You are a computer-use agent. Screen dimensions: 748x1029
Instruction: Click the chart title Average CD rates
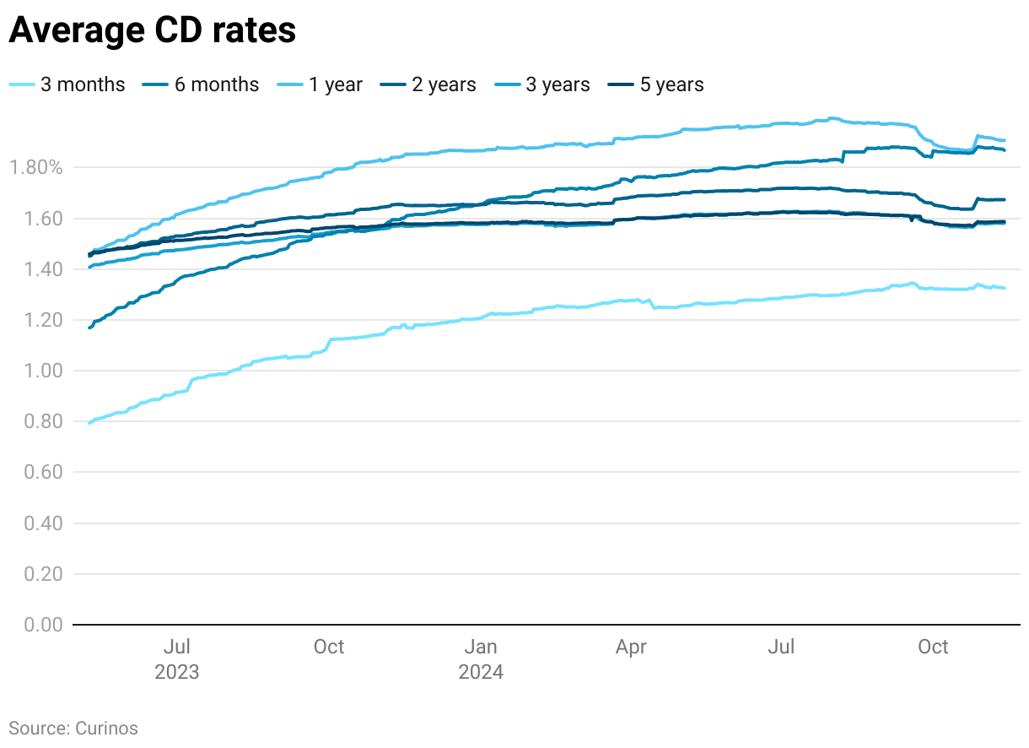coord(152,30)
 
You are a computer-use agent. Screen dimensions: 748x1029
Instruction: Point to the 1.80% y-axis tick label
coord(35,167)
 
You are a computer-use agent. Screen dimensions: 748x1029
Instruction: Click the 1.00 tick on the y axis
coord(44,371)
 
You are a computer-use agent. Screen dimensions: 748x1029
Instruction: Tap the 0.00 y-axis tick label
coord(44,625)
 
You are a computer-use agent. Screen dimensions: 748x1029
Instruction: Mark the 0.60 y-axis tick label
coord(44,472)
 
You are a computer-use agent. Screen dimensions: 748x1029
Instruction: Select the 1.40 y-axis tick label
coord(44,269)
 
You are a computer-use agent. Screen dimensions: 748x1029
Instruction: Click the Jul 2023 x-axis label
coord(177,659)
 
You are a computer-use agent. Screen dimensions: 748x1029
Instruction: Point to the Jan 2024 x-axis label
coord(481,659)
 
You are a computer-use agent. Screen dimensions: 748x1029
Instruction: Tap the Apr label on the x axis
coord(631,648)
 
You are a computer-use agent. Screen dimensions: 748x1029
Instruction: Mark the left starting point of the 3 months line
coord(89,422)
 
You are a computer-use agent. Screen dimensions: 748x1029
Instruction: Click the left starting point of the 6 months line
coord(89,327)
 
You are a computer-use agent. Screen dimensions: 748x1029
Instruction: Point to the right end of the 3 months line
coord(1004,288)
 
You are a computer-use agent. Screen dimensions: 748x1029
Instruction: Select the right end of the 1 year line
coord(1004,140)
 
